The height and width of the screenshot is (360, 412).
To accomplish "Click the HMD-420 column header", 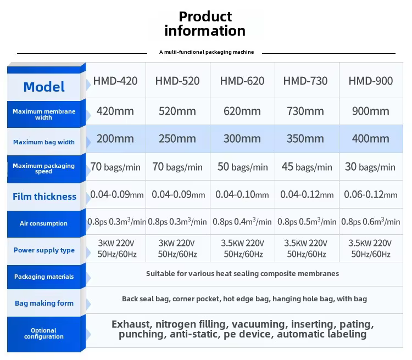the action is click(115, 81).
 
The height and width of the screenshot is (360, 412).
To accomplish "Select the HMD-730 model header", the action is click(305, 81).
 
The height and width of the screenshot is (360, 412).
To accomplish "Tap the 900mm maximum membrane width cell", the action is click(370, 111).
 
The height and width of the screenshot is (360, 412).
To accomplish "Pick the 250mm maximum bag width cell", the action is click(177, 139).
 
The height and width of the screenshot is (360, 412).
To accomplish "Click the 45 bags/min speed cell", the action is click(307, 167).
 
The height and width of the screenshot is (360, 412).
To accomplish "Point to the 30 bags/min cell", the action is click(370, 167).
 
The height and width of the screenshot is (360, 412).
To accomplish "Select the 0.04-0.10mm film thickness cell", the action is click(242, 195).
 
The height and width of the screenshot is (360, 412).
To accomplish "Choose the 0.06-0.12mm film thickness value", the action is click(370, 195).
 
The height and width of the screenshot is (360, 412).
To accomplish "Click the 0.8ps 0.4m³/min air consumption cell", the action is click(242, 222).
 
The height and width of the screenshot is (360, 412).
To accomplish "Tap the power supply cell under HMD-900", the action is click(370, 249).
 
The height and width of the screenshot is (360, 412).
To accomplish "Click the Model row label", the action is click(44, 87).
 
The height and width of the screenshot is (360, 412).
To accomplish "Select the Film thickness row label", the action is click(44, 196).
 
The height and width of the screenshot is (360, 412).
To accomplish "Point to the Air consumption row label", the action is click(43, 223).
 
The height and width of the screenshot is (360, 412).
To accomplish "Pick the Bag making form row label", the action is click(44, 303).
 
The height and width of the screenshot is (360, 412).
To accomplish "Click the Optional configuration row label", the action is click(44, 334).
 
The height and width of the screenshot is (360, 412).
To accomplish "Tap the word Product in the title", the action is click(205, 16).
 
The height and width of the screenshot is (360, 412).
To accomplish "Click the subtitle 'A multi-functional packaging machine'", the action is click(207, 52).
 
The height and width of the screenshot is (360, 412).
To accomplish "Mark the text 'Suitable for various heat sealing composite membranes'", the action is click(242, 274).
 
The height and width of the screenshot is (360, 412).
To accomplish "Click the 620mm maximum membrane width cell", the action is click(242, 111).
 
